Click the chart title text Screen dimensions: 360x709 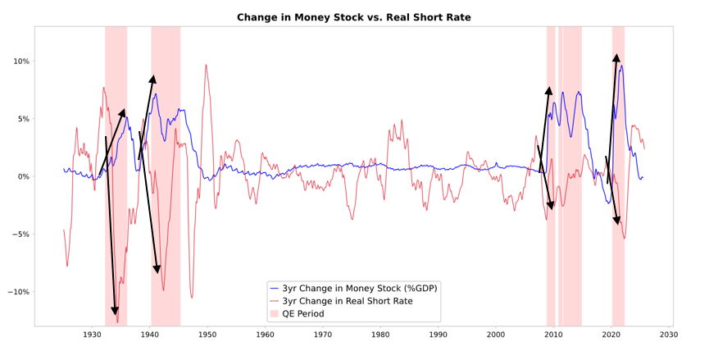pyautogui.click(x=353, y=17)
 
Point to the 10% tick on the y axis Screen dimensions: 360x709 pyautogui.click(x=20, y=62)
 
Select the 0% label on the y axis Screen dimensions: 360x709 pyautogui.click(x=23, y=176)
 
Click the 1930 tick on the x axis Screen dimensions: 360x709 pyautogui.click(x=93, y=335)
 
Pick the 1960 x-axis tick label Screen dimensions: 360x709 pyautogui.click(x=265, y=335)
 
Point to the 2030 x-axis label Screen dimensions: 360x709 pyautogui.click(x=668, y=335)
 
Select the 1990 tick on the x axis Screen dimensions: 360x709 pyautogui.click(x=438, y=335)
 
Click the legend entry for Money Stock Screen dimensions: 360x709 pyautogui.click(x=359, y=288)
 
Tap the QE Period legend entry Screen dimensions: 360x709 pyautogui.click(x=302, y=314)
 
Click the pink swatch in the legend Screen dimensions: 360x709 pyautogui.click(x=275, y=314)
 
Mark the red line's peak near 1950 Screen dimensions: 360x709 pyautogui.click(x=206, y=65)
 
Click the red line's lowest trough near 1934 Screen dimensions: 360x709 pyautogui.click(x=117, y=321)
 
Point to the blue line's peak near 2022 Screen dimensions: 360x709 pyautogui.click(x=621, y=66)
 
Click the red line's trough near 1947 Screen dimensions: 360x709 pyautogui.click(x=192, y=297)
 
